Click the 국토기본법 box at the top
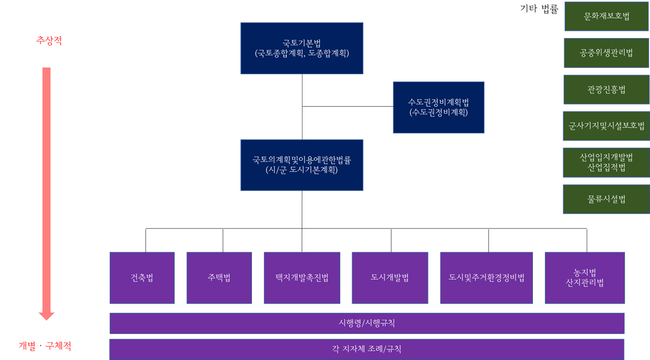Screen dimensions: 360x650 (x=301, y=48)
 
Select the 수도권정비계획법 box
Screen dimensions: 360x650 (x=438, y=107)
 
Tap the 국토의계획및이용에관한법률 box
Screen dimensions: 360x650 (x=301, y=165)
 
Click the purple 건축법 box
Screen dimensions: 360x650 (x=142, y=278)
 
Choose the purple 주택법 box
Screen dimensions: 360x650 (x=219, y=278)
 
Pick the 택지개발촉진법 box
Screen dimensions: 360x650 (x=302, y=278)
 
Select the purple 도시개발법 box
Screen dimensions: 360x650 (x=390, y=278)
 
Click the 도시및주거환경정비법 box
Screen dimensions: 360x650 (x=486, y=278)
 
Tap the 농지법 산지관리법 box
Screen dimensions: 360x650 (x=585, y=278)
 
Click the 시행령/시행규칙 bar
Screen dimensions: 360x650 (x=367, y=323)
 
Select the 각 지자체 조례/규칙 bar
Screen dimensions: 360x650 (x=367, y=349)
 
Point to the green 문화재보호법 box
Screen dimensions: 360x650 (x=606, y=16)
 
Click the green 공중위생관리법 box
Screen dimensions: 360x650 (x=606, y=53)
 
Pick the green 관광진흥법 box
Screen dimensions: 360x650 (x=606, y=89)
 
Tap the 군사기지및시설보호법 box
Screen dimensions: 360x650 (x=606, y=126)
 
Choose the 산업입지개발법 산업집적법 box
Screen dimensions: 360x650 (x=606, y=162)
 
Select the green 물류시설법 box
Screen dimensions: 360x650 (x=606, y=199)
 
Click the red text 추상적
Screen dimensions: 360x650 (x=49, y=41)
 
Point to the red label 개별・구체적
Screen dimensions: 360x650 (x=45, y=346)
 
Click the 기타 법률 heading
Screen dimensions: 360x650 (x=539, y=9)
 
